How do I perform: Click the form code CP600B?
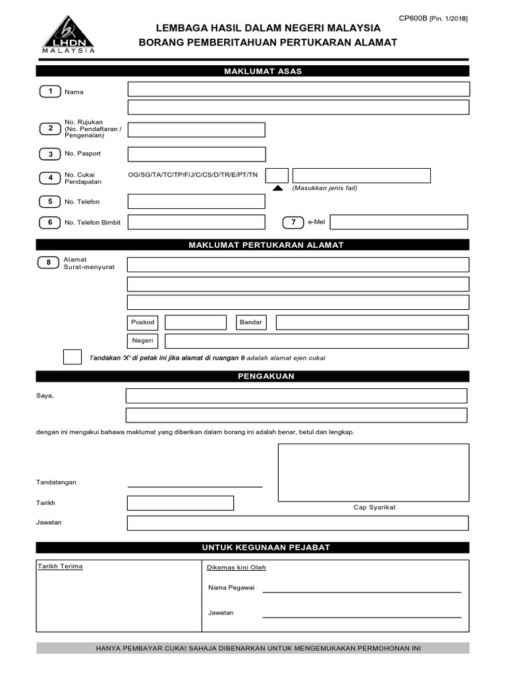(413, 18)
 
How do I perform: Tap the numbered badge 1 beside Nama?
(49, 92)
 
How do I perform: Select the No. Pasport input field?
(196, 154)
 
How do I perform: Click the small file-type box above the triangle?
(277, 175)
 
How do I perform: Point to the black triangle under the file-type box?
(277, 188)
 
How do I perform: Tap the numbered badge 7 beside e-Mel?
(293, 222)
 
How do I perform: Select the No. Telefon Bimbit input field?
(196, 222)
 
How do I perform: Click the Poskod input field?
(196, 322)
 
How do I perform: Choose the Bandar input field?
(372, 322)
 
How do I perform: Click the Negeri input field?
(316, 341)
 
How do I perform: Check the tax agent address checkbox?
(72, 357)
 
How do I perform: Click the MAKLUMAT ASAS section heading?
(253, 71)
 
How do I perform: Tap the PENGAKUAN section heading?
(253, 376)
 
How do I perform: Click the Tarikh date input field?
(181, 503)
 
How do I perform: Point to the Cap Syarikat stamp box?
(374, 473)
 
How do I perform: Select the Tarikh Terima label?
(60, 566)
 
